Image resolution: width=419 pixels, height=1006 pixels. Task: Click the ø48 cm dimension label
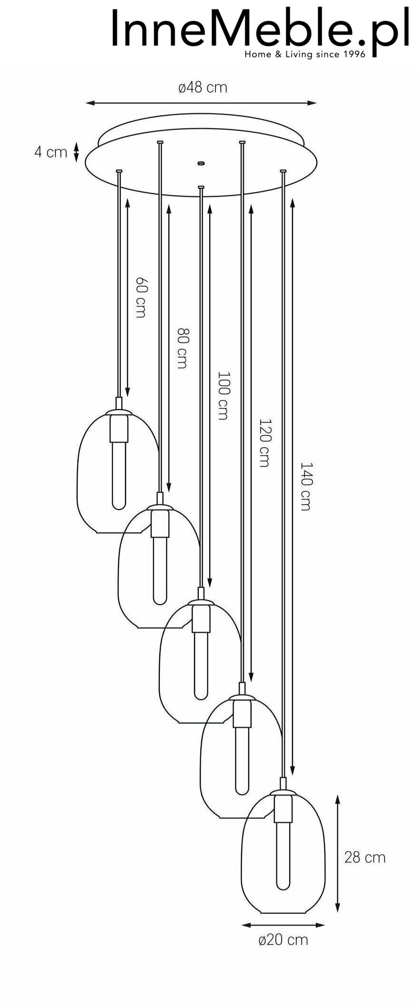[203, 88]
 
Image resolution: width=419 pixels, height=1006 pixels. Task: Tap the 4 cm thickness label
[50, 152]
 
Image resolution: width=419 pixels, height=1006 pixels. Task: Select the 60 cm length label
[141, 297]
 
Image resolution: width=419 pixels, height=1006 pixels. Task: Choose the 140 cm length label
[305, 486]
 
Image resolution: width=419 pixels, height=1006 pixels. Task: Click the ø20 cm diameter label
[283, 939]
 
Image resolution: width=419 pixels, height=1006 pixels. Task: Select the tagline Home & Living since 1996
[305, 54]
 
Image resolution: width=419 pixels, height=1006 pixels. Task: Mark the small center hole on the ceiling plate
[201, 163]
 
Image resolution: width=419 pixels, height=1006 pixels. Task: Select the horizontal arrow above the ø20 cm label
[283, 925]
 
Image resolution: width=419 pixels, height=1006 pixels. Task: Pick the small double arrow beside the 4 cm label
[77, 152]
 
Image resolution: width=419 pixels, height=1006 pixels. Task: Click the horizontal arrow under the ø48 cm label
[201, 102]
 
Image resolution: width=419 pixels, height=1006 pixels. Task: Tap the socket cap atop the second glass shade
[160, 506]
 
